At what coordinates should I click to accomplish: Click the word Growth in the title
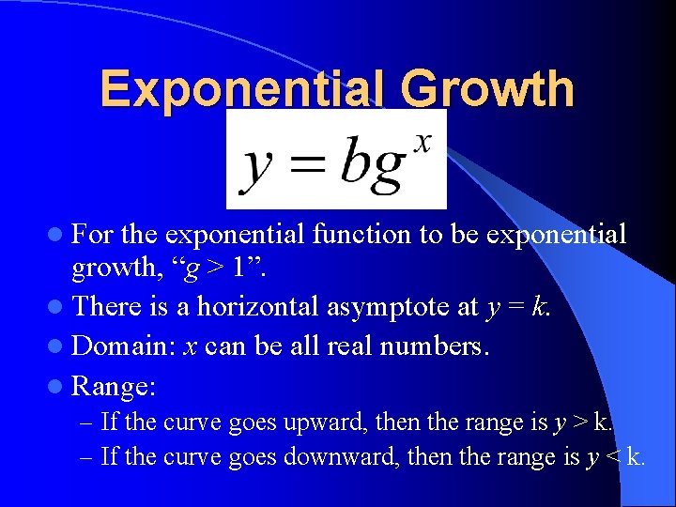click(486, 90)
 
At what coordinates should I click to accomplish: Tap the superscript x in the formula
click(422, 141)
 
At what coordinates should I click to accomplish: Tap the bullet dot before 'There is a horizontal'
click(60, 307)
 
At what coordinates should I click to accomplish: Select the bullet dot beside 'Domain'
click(60, 346)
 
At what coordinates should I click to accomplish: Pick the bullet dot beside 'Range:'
click(60, 386)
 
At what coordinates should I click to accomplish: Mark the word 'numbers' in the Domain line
click(442, 346)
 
